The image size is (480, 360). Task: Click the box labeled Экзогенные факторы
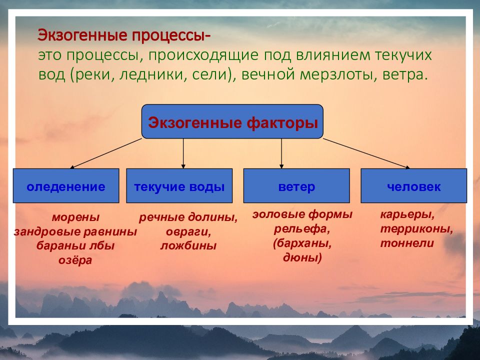click(232, 121)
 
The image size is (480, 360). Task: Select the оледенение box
click(66, 186)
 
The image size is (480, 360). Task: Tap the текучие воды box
click(179, 186)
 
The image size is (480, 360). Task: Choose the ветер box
click(296, 186)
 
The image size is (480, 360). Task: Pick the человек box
click(414, 186)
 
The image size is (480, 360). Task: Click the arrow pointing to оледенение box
click(105, 153)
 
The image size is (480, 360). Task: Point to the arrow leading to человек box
click(366, 153)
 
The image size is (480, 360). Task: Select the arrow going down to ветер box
click(281, 153)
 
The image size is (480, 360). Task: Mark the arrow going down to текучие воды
click(183, 153)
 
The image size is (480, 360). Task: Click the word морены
click(75, 217)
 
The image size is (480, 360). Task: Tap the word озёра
click(75, 260)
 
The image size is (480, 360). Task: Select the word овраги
click(188, 231)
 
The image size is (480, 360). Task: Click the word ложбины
click(188, 246)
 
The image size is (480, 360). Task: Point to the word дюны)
click(302, 258)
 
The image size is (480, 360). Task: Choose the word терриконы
click(416, 229)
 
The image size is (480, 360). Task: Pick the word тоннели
click(407, 243)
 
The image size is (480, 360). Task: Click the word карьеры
click(407, 215)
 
